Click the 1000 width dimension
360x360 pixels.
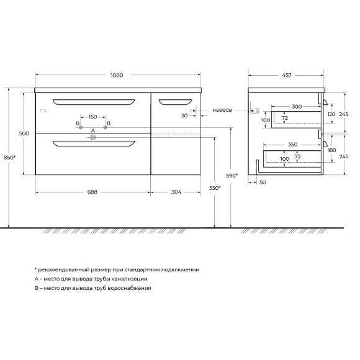pos(117,75)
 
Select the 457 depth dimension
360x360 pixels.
pos(287,75)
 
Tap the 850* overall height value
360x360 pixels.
pos(10,158)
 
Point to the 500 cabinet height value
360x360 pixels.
pos(24,133)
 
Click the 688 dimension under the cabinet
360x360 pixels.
pos(92,192)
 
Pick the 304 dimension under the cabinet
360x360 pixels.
pos(176,192)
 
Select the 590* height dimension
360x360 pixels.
pos(232,176)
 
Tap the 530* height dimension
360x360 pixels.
pos(215,188)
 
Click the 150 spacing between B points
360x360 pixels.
pos(92,117)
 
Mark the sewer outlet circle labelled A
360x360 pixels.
pos(93,138)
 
